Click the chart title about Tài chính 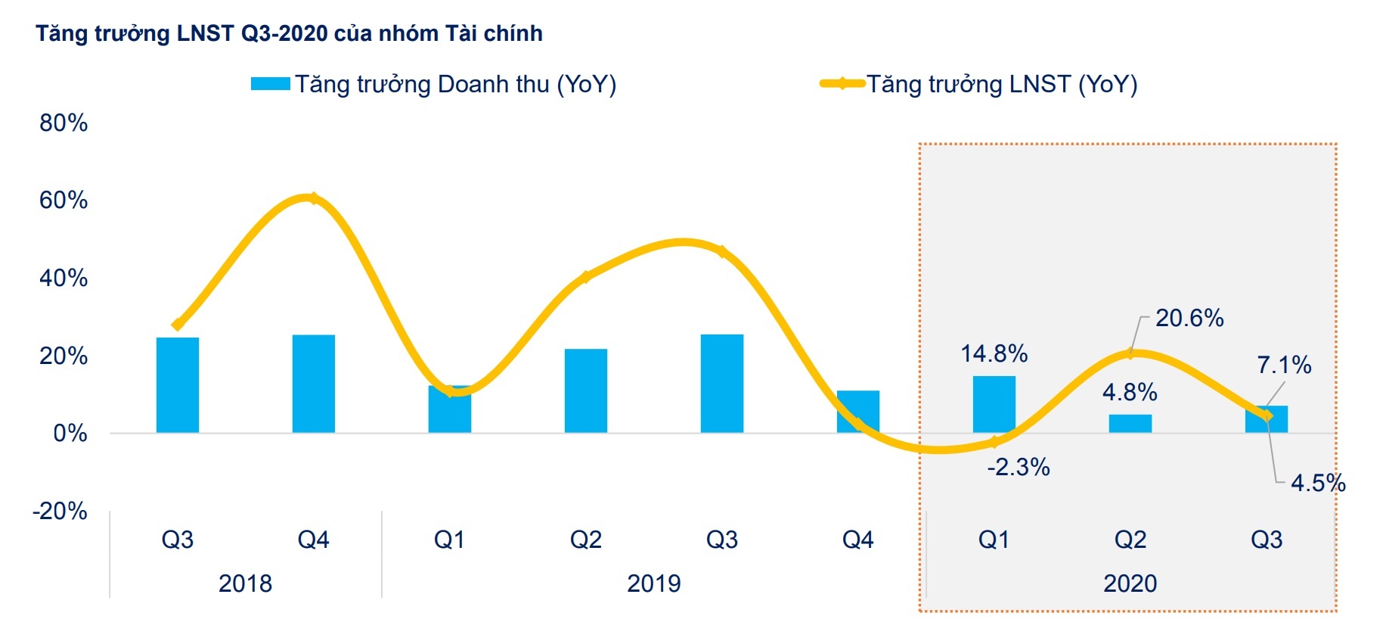click(289, 33)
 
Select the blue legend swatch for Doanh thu click(270, 84)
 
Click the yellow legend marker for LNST click(842, 84)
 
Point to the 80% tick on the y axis click(64, 123)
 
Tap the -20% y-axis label click(60, 512)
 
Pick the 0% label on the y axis click(70, 434)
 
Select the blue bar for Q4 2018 click(314, 384)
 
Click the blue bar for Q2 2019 click(586, 390)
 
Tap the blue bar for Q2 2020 click(1130, 424)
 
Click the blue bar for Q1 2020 click(994, 404)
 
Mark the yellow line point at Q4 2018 click(313, 199)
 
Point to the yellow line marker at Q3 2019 click(722, 252)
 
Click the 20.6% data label click(1189, 318)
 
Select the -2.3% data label click(1019, 468)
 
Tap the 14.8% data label click(994, 353)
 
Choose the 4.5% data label click(1318, 483)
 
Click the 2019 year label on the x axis click(654, 583)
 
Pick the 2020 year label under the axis click(1130, 583)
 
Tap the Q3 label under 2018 click(178, 540)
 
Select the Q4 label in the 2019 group click(858, 540)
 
